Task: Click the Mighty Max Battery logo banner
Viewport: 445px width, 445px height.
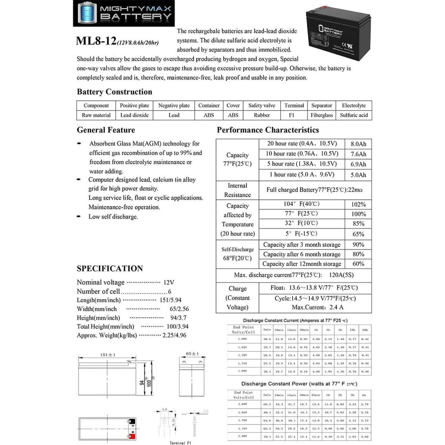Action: click(x=124, y=13)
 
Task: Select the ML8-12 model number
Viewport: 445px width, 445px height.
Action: click(x=96, y=41)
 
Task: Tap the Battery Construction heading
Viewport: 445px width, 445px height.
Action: click(x=114, y=92)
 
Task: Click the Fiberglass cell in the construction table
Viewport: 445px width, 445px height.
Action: click(x=322, y=115)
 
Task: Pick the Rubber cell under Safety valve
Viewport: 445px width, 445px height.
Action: click(x=262, y=115)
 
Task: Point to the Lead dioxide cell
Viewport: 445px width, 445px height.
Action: click(x=134, y=115)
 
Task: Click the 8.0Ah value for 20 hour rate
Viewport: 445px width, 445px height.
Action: click(x=358, y=144)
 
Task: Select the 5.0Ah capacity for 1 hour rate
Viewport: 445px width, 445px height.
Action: click(x=358, y=175)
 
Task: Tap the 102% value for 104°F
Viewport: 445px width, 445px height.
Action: click(x=358, y=204)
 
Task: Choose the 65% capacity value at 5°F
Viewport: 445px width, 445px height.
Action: click(x=358, y=234)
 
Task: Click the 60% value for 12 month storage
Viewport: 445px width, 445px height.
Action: click(x=358, y=264)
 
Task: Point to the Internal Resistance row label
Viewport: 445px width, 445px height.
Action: click(x=237, y=190)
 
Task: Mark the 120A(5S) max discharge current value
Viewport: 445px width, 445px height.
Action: click(x=341, y=275)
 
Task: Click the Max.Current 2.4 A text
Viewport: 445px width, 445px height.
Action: click(x=317, y=307)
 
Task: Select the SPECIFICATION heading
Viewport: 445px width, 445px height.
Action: click(x=110, y=269)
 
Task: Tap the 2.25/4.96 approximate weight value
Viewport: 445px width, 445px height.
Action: click(x=174, y=335)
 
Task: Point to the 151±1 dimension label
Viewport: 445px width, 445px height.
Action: click(x=108, y=355)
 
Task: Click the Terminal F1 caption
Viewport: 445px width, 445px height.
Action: click(x=180, y=443)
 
